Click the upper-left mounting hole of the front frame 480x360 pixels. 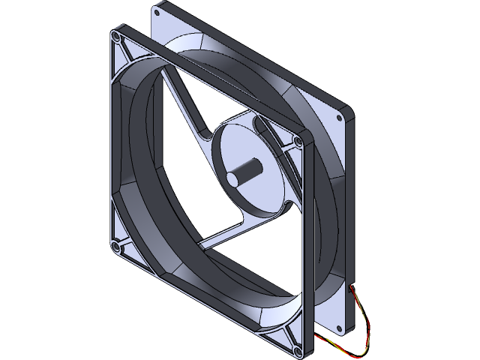click(116, 36)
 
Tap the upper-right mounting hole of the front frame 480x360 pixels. click(299, 140)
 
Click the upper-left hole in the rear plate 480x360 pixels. click(157, 11)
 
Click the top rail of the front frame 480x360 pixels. click(210, 82)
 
